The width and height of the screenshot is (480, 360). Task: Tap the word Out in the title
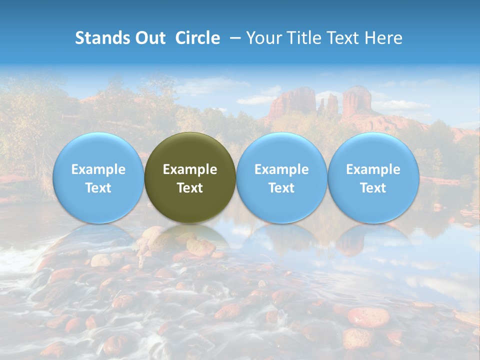click(148, 38)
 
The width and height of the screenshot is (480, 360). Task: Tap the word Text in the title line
click(345, 38)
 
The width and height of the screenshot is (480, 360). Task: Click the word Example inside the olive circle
click(190, 169)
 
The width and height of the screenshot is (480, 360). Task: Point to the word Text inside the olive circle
click(190, 188)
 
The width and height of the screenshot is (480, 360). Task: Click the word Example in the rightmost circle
click(373, 169)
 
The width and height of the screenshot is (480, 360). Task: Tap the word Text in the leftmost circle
click(98, 188)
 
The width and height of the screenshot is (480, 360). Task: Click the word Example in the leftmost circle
click(98, 169)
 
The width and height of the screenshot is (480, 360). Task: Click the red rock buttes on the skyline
click(320, 102)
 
